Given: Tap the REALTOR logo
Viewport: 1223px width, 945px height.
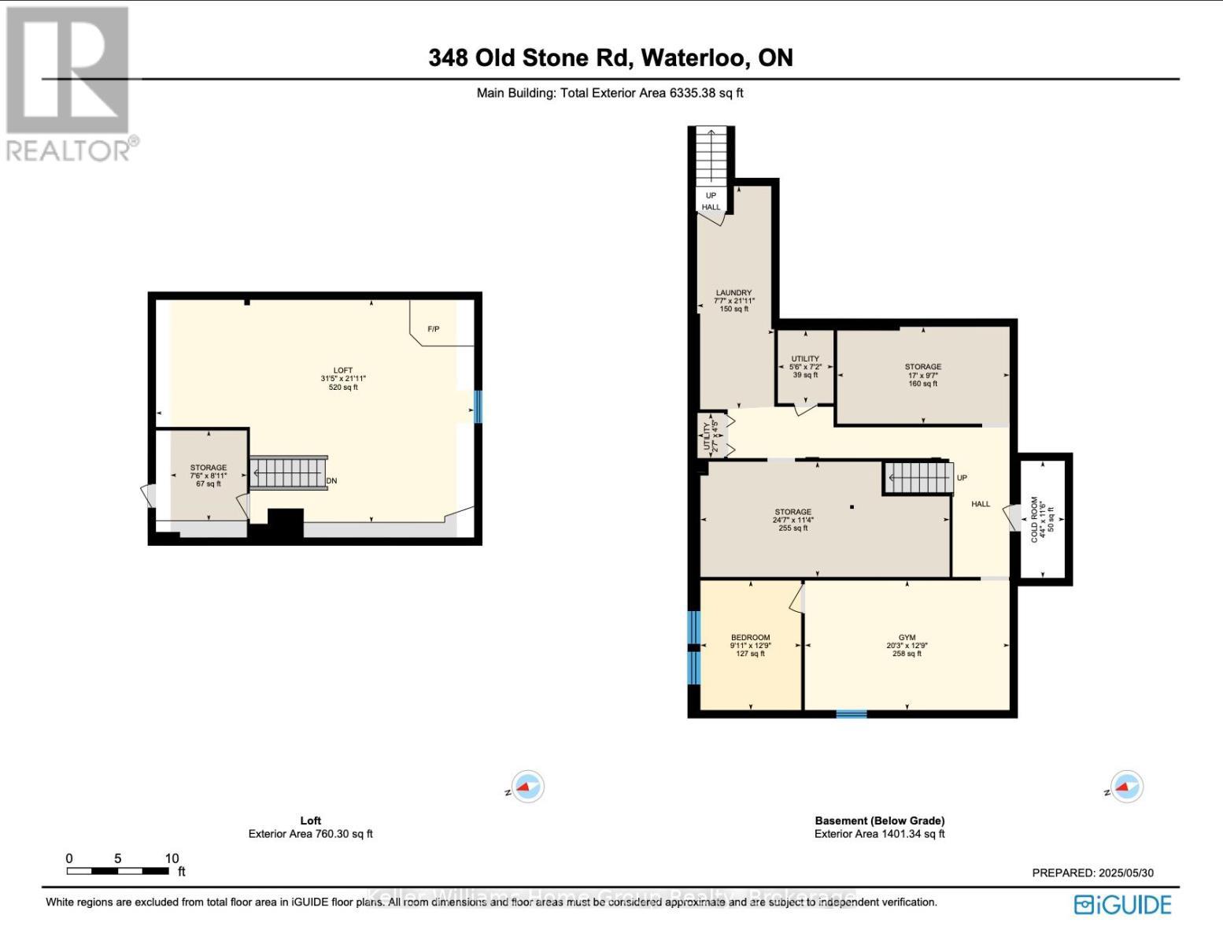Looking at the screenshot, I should [69, 83].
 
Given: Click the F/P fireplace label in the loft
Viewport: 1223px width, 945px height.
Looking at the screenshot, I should [433, 328].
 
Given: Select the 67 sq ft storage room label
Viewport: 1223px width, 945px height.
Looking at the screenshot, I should [208, 476].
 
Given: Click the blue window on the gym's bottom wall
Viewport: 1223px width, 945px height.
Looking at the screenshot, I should [851, 714].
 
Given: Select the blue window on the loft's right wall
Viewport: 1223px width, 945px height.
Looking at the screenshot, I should [477, 406].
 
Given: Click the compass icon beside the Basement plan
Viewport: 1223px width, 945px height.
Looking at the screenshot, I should [1126, 787].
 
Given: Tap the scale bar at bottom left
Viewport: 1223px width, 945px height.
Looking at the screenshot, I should [118, 870].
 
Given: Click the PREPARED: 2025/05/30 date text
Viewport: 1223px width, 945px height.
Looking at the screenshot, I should [1092, 873].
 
